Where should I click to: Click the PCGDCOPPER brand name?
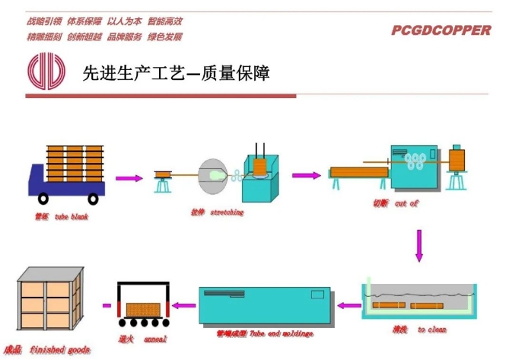[441, 31]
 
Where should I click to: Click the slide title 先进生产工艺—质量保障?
[176, 73]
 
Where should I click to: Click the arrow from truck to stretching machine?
[129, 179]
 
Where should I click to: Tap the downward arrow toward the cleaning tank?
[419, 245]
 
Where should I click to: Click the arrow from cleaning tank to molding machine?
[349, 306]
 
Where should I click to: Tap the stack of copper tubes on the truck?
[74, 164]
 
